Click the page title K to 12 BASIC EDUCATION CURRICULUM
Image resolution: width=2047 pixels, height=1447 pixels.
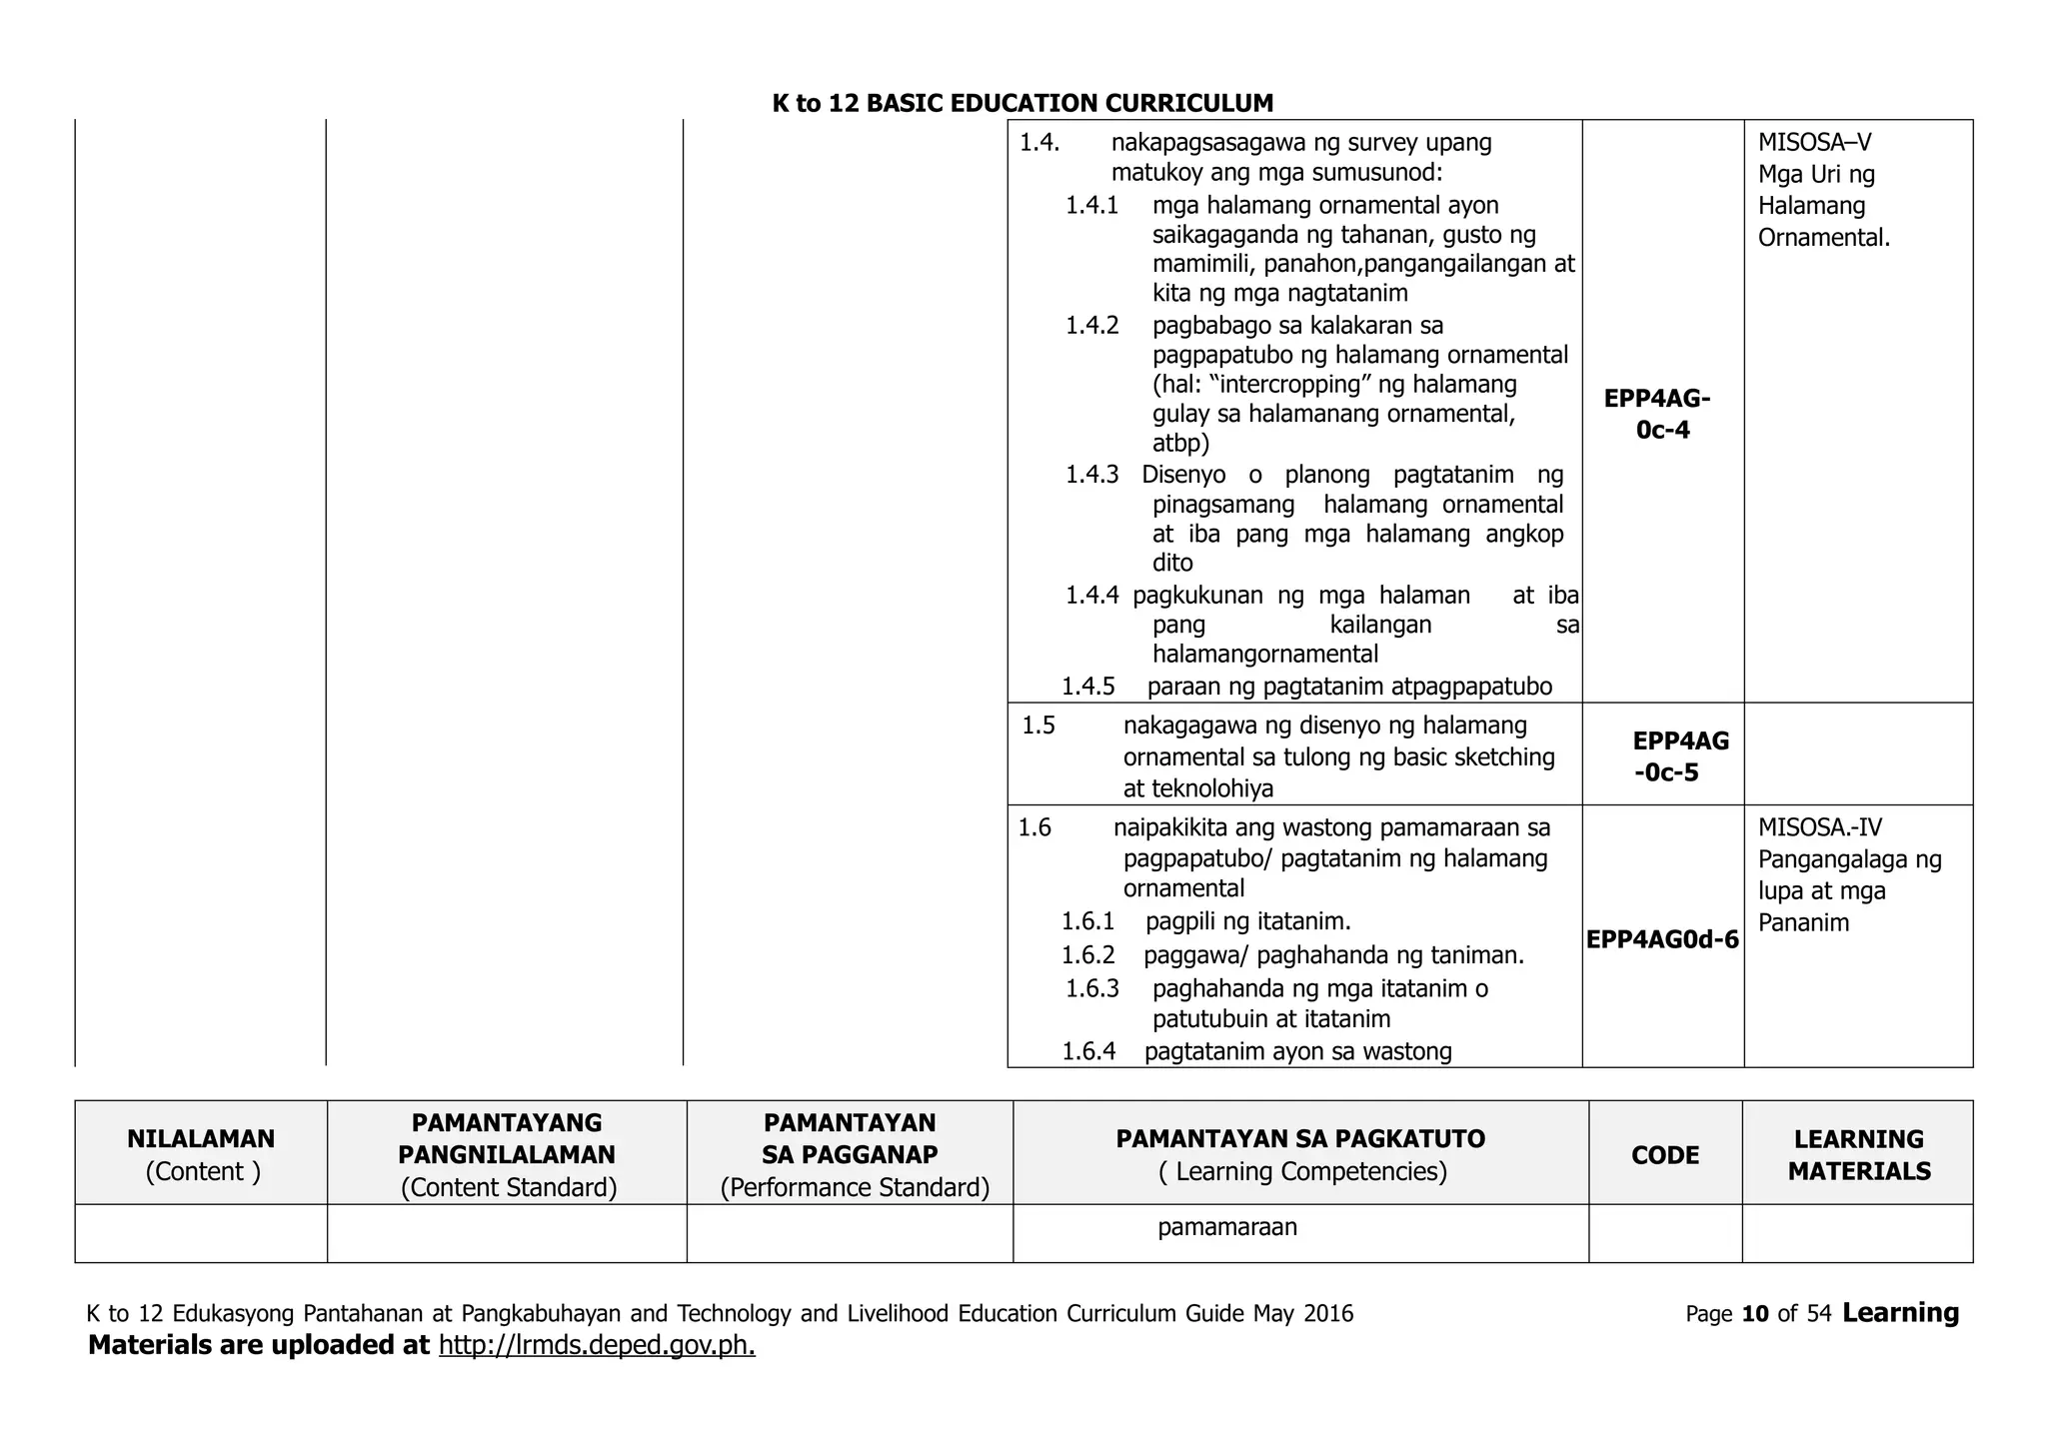pyautogui.click(x=1023, y=103)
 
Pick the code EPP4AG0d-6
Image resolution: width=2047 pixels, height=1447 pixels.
pyautogui.click(x=1661, y=939)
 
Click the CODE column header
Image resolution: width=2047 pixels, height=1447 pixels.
pyautogui.click(x=1664, y=1155)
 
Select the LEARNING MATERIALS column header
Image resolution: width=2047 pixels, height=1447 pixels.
pyautogui.click(x=1858, y=1154)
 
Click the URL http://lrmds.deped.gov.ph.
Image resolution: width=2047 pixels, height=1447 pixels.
pyautogui.click(x=597, y=1345)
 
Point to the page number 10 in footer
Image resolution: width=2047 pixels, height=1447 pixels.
pyautogui.click(x=1755, y=1314)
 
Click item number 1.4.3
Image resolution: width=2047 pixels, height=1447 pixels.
pyautogui.click(x=1091, y=475)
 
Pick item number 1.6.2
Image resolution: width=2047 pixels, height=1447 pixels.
pyautogui.click(x=1087, y=955)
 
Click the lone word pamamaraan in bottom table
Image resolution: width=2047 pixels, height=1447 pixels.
pyautogui.click(x=1227, y=1227)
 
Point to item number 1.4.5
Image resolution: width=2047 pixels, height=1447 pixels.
pyautogui.click(x=1087, y=687)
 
